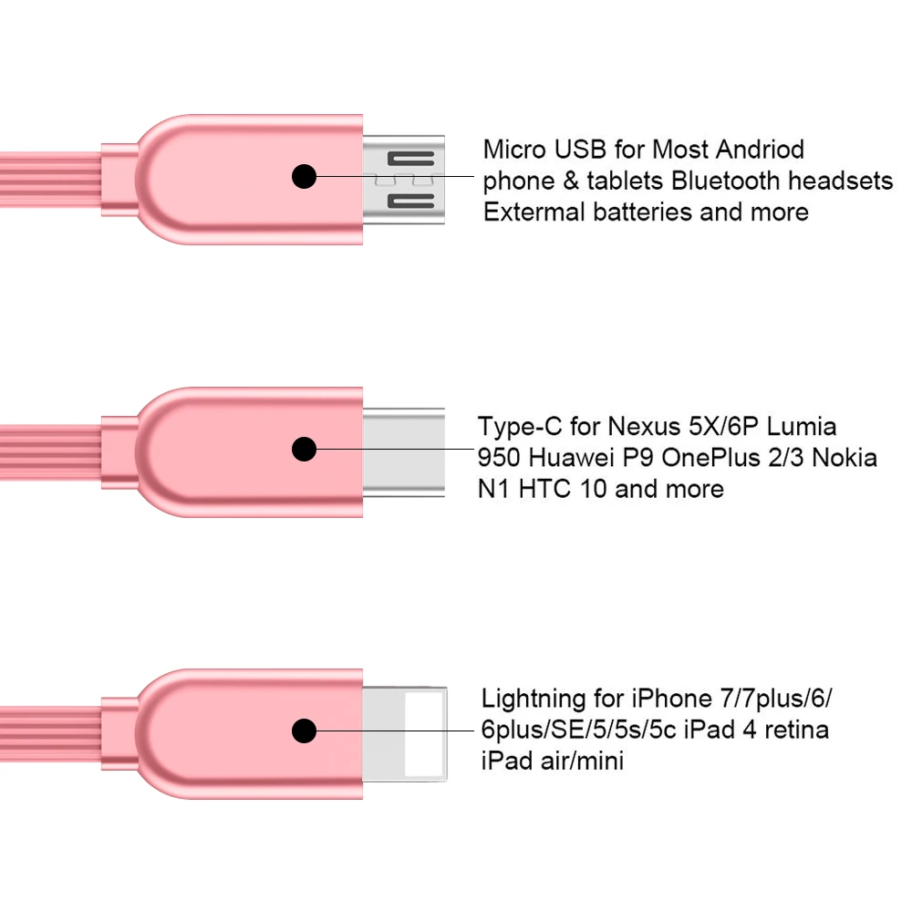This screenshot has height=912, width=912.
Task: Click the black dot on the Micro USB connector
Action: click(x=305, y=176)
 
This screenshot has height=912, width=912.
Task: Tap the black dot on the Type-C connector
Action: click(x=305, y=449)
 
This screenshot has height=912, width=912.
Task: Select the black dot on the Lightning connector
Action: click(x=305, y=731)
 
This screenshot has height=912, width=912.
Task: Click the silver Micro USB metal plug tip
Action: click(x=403, y=179)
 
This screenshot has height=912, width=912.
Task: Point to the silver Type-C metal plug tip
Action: click(x=404, y=452)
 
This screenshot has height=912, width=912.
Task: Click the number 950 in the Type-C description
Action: click(x=499, y=457)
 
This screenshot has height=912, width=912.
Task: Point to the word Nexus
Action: click(x=645, y=427)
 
